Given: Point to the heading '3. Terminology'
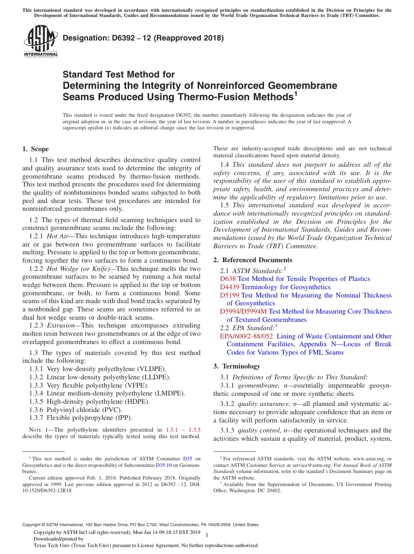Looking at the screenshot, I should [237, 366].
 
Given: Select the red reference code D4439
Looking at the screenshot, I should [230, 287].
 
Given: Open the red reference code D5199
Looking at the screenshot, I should [230, 295].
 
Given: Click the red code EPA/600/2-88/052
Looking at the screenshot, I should [247, 336].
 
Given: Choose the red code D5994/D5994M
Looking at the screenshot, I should [243, 311].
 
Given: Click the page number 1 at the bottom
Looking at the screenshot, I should [207, 535].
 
